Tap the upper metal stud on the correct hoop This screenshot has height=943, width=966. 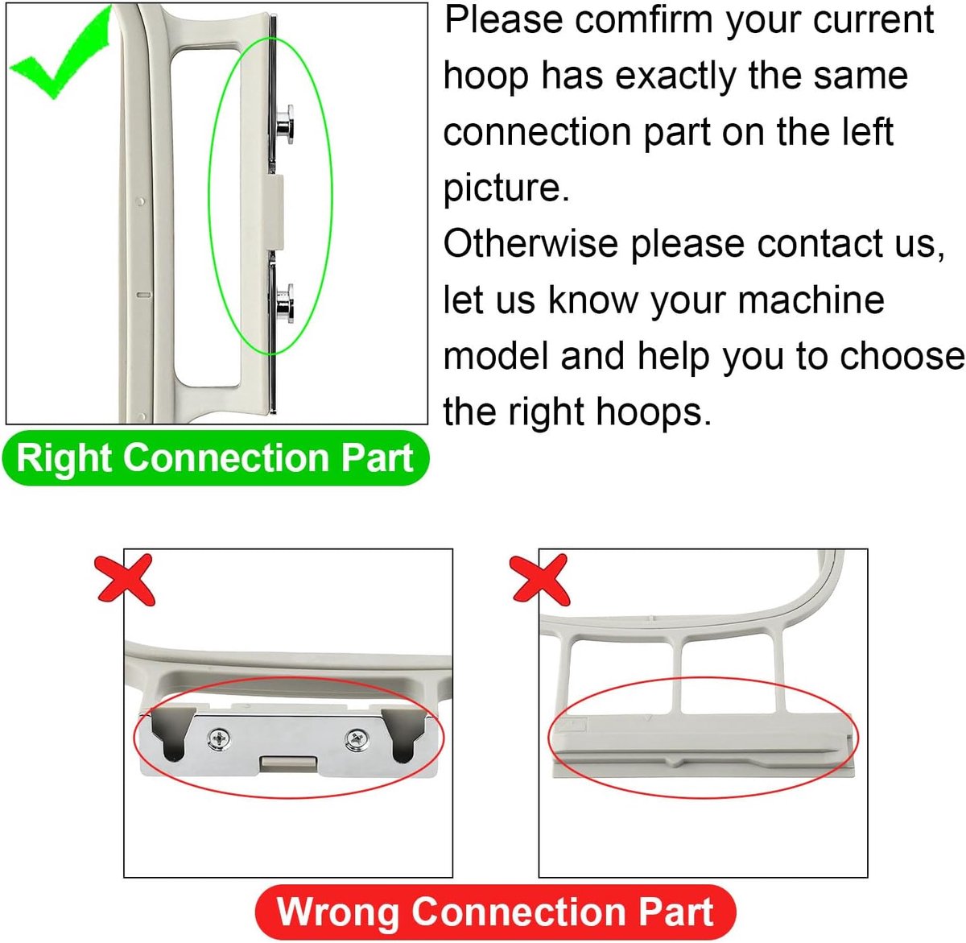pos(285,124)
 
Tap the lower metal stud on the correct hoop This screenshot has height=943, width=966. pos(285,304)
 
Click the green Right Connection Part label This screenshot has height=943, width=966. pos(216,458)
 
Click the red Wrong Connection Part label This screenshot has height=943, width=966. pos(495,912)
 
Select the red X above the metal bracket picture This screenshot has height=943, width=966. pos(126,580)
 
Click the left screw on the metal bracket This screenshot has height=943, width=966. pos(220,738)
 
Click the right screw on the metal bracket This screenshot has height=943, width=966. pos(357,738)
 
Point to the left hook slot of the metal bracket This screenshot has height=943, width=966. pos(169,735)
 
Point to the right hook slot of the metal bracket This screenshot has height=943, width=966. pos(403,735)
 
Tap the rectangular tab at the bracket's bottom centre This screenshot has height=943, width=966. pos(288,763)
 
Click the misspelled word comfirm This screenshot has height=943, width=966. pos(644,20)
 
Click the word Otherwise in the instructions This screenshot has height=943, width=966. pos(530,244)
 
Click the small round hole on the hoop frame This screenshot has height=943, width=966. pos(141,201)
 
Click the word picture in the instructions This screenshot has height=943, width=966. pos(506,188)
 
